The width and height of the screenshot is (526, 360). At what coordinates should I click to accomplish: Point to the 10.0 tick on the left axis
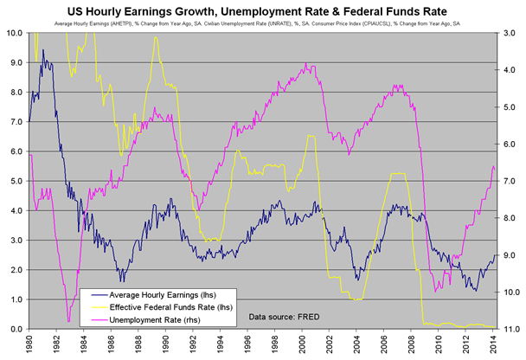tap(15, 34)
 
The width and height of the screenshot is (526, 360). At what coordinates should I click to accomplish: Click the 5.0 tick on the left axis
tap(15, 182)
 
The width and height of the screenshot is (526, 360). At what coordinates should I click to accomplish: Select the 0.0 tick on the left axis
tap(15, 330)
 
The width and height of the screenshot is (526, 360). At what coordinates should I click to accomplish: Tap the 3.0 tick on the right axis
tap(510, 34)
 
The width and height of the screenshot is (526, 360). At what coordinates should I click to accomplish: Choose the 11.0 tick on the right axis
tap(510, 330)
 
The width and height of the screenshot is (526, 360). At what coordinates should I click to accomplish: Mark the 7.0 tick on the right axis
tap(510, 182)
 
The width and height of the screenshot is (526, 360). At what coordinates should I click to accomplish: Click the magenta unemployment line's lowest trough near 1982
tap(67, 322)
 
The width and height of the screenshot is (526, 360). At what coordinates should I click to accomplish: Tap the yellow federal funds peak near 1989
tap(155, 37)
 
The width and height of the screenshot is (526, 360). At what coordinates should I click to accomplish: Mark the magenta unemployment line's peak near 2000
tap(306, 65)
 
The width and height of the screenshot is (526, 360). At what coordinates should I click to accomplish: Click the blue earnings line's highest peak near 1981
tap(42, 50)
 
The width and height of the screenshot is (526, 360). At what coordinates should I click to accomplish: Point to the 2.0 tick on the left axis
tap(15, 271)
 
